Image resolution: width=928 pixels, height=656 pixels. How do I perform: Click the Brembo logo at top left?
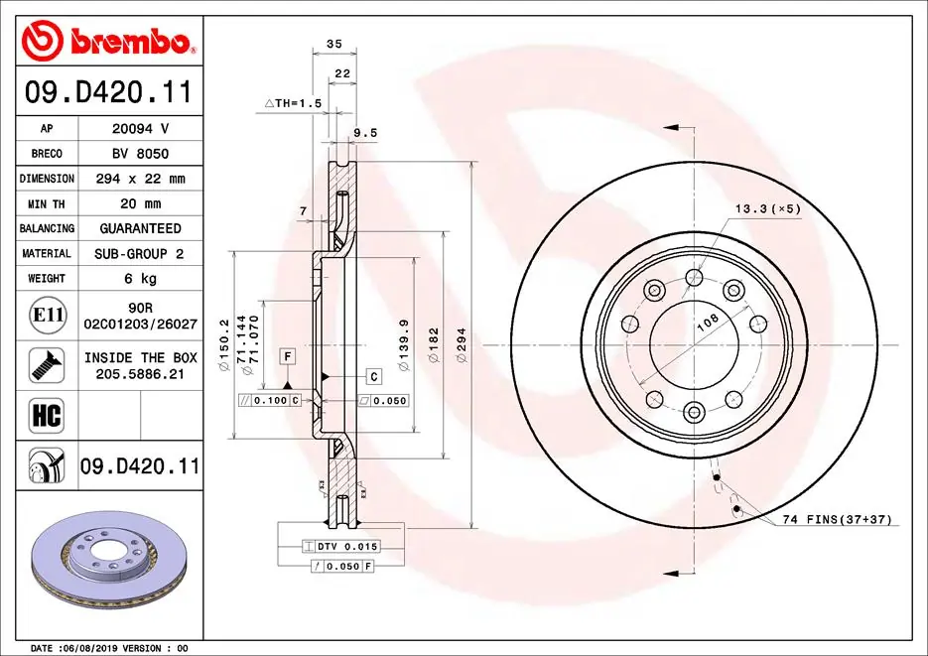[107, 41]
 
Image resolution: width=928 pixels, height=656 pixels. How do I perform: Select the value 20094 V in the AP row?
[139, 128]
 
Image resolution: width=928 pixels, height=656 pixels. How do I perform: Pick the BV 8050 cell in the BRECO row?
[139, 153]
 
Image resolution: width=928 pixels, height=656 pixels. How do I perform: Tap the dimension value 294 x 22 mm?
[139, 179]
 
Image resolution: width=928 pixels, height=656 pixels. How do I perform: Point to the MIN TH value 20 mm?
[139, 203]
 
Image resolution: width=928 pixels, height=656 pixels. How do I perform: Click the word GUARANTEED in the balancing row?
[139, 228]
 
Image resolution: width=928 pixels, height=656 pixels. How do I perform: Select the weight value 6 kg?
[139, 279]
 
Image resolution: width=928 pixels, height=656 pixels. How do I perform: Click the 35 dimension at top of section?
[333, 44]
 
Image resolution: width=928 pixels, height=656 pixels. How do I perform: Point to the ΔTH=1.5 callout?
[293, 103]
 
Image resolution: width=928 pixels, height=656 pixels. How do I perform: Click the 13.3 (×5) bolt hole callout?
[767, 209]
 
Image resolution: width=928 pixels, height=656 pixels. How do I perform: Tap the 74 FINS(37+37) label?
[836, 520]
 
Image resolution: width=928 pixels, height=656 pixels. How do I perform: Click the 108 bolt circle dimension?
[707, 323]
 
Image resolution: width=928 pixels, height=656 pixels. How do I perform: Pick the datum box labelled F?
[287, 355]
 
